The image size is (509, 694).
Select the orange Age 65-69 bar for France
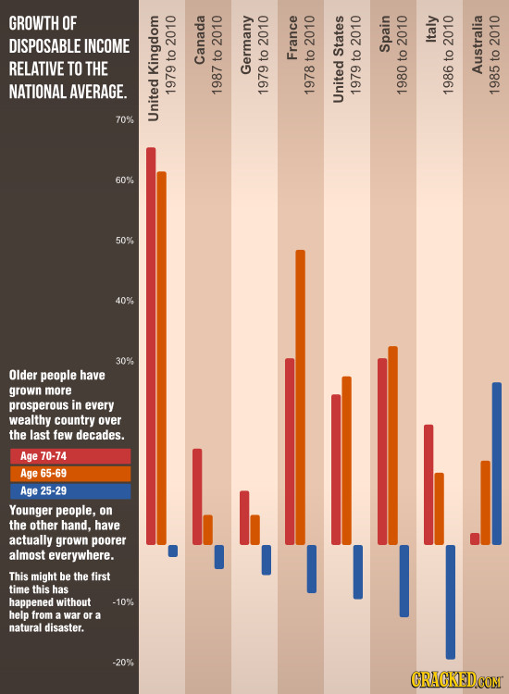(300, 397)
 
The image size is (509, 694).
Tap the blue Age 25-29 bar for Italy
(451, 601)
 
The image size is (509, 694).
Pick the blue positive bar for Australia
(497, 463)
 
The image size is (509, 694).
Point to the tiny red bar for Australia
(475, 539)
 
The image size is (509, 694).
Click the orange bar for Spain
(392, 445)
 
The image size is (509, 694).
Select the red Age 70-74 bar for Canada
(197, 496)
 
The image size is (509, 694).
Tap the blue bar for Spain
(403, 580)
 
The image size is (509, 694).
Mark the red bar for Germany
(244, 517)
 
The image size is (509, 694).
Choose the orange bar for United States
(346, 460)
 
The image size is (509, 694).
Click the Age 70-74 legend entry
(70, 456)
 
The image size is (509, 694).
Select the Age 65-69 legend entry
(70, 473)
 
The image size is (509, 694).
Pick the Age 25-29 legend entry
(70, 490)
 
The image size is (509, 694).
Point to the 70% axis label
(124, 120)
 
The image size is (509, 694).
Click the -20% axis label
(124, 662)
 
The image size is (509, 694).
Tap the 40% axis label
(124, 301)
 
